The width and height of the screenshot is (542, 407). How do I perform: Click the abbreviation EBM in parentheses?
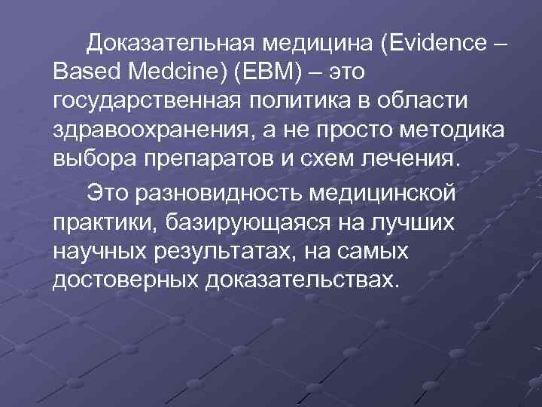[x=273, y=72]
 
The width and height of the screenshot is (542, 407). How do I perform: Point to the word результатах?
[x=225, y=251]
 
